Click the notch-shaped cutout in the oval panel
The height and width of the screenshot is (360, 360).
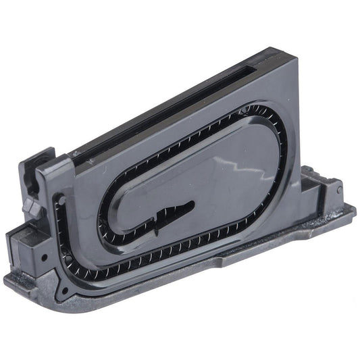click(169, 214)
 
